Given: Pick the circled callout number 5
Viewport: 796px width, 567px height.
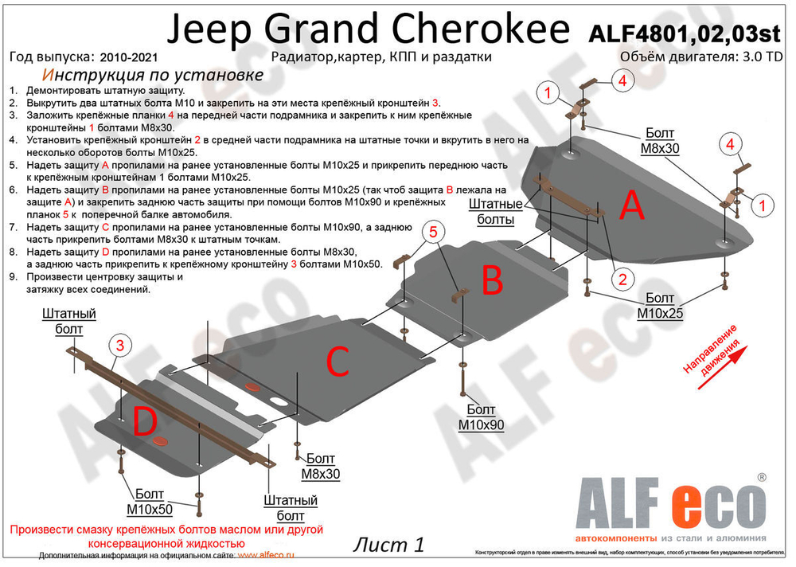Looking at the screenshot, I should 433,232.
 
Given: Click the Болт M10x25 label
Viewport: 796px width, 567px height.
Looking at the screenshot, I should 660,307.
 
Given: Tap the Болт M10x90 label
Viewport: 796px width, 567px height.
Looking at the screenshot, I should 481,419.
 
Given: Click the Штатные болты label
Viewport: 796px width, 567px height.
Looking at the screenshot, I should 495,211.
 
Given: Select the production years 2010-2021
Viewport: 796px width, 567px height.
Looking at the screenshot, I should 129,57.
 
